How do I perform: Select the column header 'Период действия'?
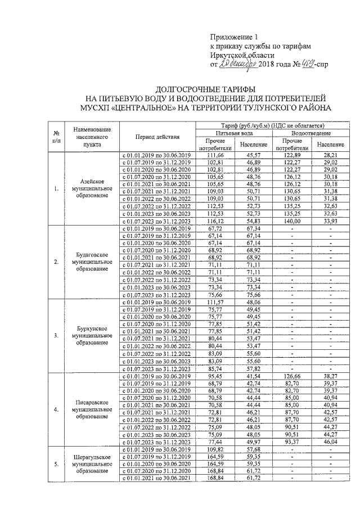pyautogui.click(x=157, y=137)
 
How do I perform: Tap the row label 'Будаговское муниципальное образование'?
pyautogui.click(x=93, y=262)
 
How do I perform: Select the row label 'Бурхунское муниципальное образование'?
pyautogui.click(x=93, y=335)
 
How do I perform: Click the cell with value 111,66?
pyautogui.click(x=215, y=155)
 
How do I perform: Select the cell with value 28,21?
pyautogui.click(x=330, y=155)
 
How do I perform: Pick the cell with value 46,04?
pyautogui.click(x=330, y=442)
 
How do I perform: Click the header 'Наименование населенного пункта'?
pyautogui.click(x=93, y=137)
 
